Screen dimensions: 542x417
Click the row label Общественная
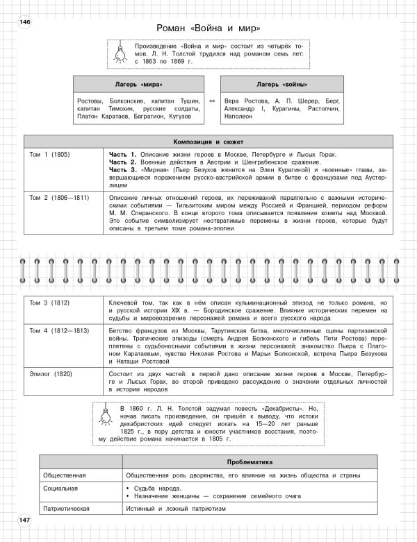(64, 475)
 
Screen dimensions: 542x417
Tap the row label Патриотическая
(66, 509)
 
